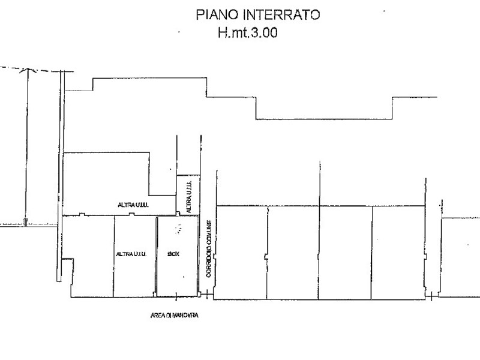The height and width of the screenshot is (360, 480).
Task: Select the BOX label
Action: [x=173, y=254]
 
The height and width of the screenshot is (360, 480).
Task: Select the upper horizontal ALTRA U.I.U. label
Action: [x=133, y=205]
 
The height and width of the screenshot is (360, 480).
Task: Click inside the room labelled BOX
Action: [x=177, y=276]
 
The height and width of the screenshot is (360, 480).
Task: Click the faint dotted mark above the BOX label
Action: [x=177, y=227]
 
